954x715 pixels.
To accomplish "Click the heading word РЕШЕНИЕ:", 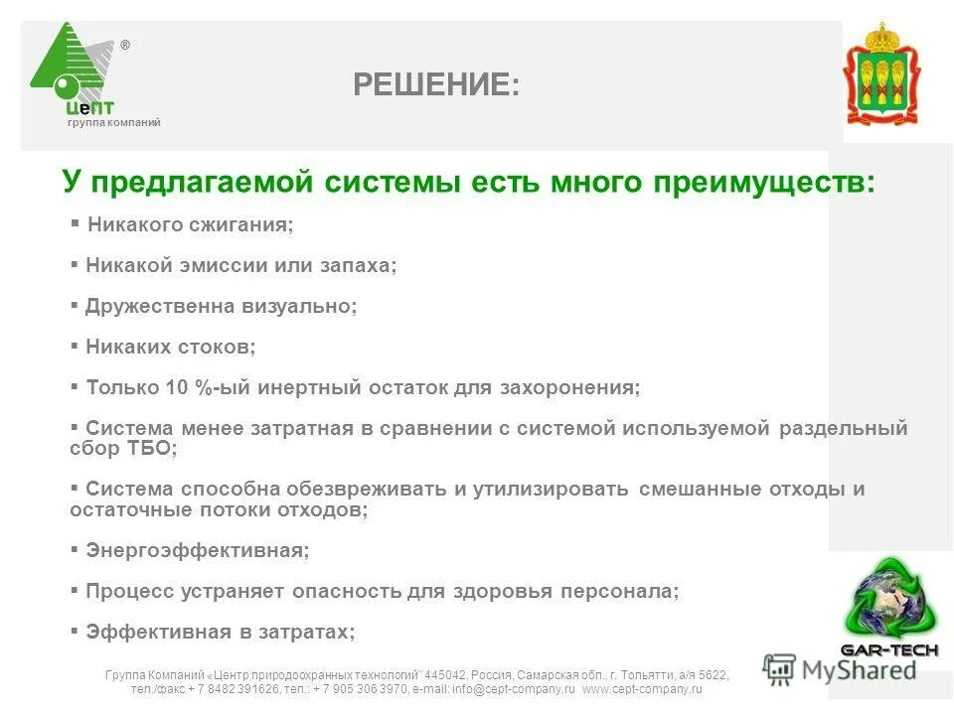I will tap(435, 85).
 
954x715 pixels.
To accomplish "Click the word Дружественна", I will tap(160, 307).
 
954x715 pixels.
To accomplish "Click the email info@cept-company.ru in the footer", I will tap(513, 688).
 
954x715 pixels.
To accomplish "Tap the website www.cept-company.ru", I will tap(642, 688).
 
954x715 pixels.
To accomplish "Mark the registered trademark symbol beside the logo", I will tap(124, 46).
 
